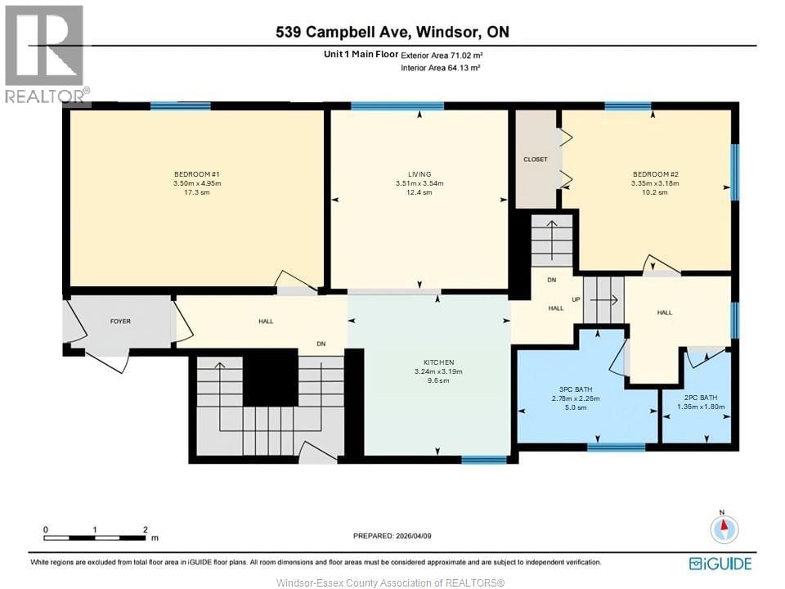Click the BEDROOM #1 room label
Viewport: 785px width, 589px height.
[197, 173]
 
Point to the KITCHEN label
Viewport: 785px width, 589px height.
[438, 362]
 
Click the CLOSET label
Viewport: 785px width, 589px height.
[536, 160]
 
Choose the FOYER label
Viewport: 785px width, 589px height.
[120, 321]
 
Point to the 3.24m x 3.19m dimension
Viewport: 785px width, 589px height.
[438, 371]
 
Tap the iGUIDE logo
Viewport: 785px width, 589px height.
[720, 563]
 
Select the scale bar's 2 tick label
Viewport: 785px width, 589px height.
[145, 529]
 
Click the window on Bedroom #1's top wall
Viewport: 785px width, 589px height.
[181, 106]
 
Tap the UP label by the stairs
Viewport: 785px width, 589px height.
[576, 299]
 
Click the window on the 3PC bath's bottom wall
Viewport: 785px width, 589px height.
[616, 447]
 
